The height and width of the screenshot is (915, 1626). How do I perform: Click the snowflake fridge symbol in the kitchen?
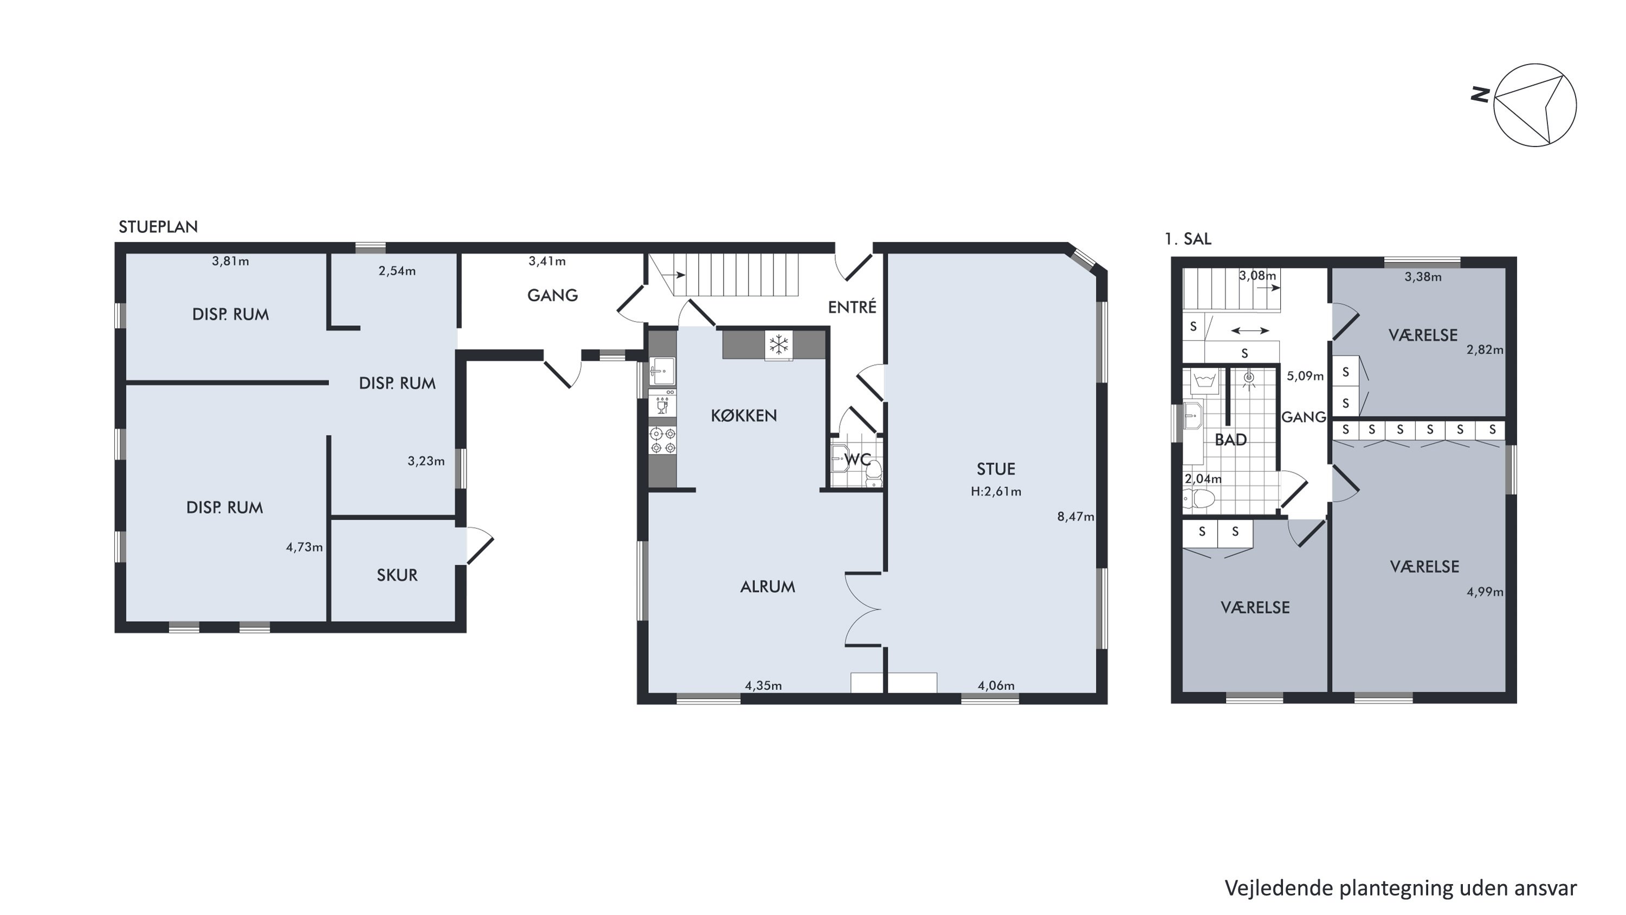[x=779, y=345]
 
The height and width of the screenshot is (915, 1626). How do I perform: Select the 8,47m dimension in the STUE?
[x=1075, y=516]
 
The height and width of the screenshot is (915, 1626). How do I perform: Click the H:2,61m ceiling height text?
[x=996, y=491]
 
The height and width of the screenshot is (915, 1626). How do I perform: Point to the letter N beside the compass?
[x=1480, y=95]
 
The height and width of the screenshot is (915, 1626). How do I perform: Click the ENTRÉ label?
[x=852, y=307]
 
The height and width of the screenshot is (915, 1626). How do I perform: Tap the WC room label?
[x=858, y=460]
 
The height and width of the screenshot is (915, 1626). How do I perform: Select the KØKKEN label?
[x=744, y=415]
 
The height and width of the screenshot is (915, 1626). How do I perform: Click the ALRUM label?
[x=767, y=587]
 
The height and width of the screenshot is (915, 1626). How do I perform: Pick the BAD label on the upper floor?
[x=1231, y=439]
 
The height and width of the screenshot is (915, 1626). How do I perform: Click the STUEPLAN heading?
[x=158, y=227]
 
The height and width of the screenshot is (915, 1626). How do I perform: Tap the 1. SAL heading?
[x=1188, y=239]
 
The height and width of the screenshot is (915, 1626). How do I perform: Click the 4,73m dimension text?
[x=304, y=547]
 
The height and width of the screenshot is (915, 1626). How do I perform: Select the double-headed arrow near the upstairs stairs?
[x=1250, y=330]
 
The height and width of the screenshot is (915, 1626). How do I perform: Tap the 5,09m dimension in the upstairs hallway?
[x=1305, y=376]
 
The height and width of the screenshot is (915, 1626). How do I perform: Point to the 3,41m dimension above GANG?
[x=547, y=261]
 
